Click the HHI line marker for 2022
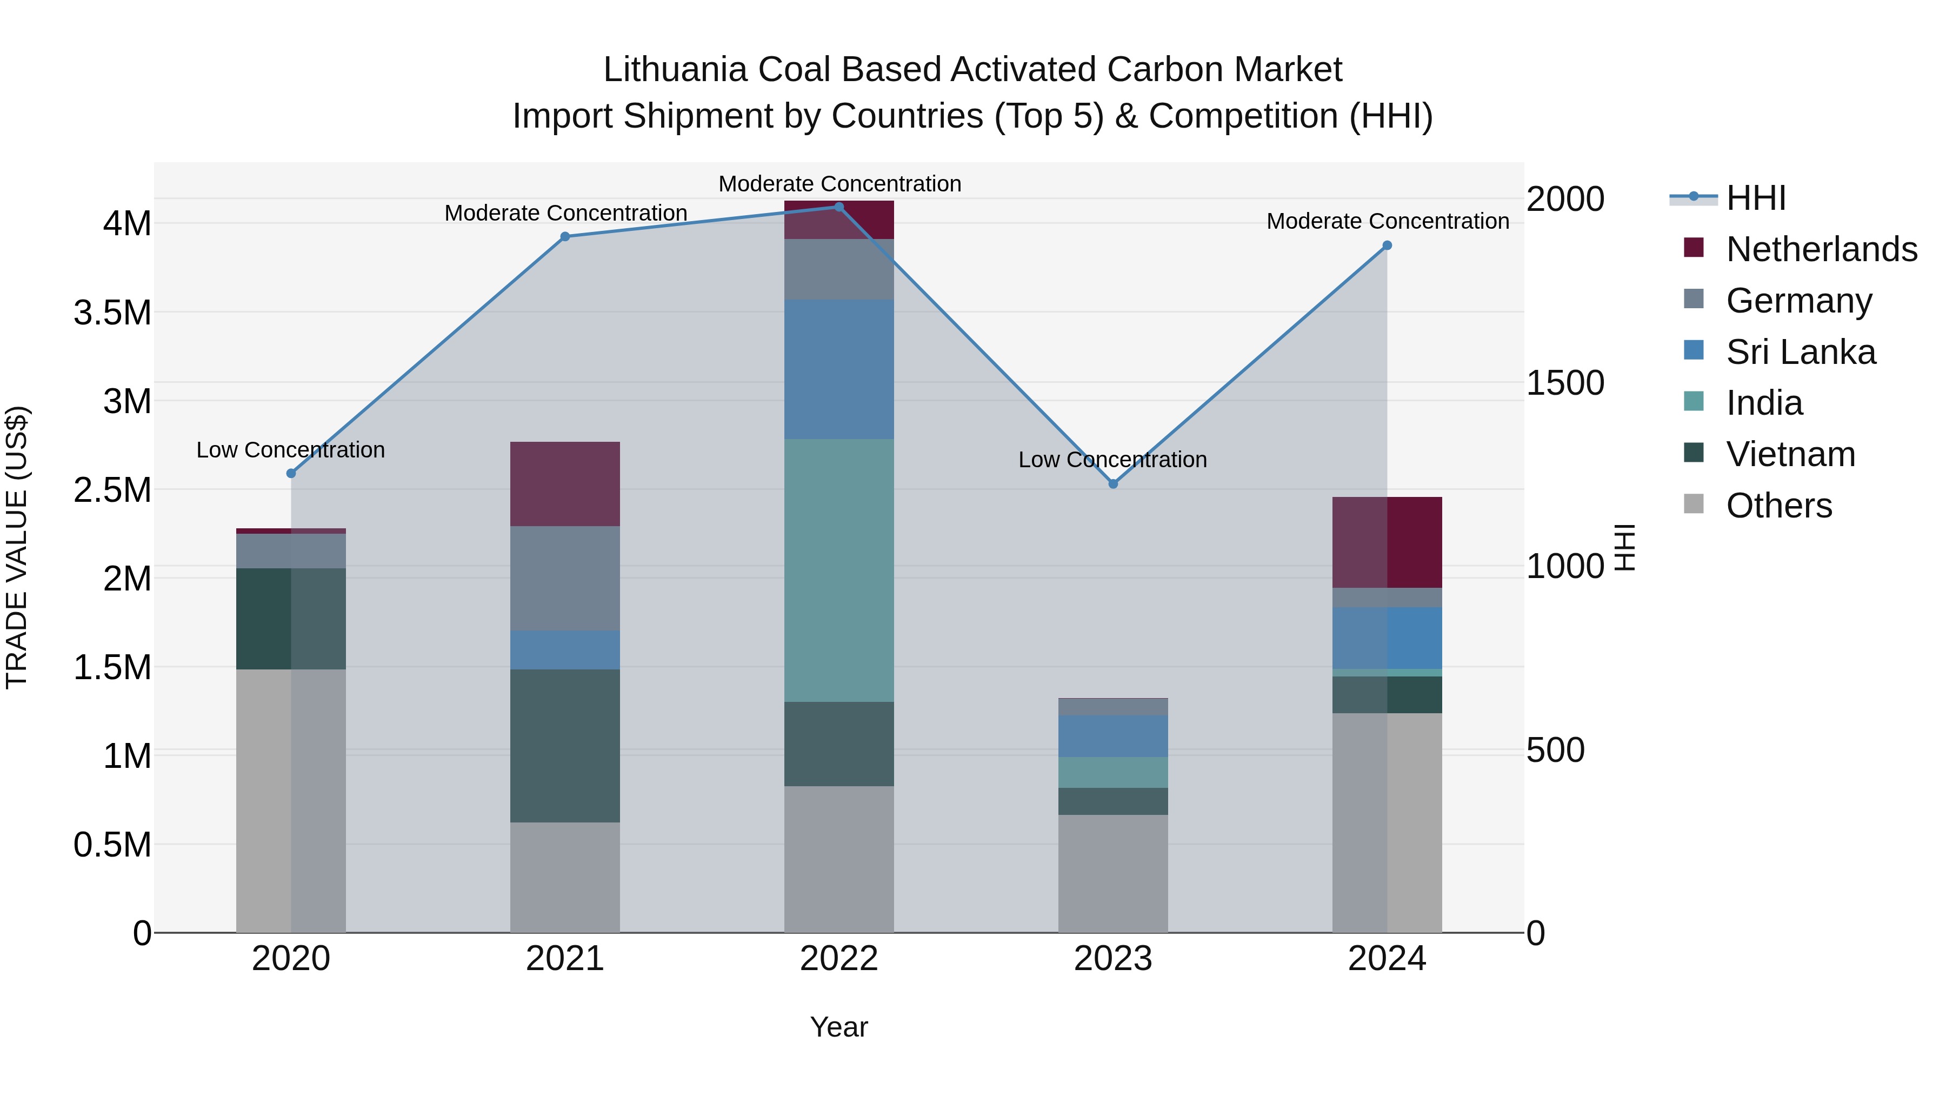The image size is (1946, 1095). coord(838,207)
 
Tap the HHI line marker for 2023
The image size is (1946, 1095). coord(1113,483)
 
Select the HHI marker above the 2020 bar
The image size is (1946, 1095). coord(291,473)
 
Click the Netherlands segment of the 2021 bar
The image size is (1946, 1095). coord(565,483)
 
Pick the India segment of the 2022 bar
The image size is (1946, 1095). coord(838,570)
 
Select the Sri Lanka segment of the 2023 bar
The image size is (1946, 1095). coord(1113,736)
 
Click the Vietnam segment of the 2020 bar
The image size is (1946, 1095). coord(291,618)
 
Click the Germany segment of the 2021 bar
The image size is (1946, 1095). coord(565,578)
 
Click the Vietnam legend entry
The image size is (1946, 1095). coord(1790,454)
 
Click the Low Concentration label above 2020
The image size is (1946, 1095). coord(291,450)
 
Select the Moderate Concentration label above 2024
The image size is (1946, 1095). coord(1388,221)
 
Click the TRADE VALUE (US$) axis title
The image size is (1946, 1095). coord(17,547)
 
